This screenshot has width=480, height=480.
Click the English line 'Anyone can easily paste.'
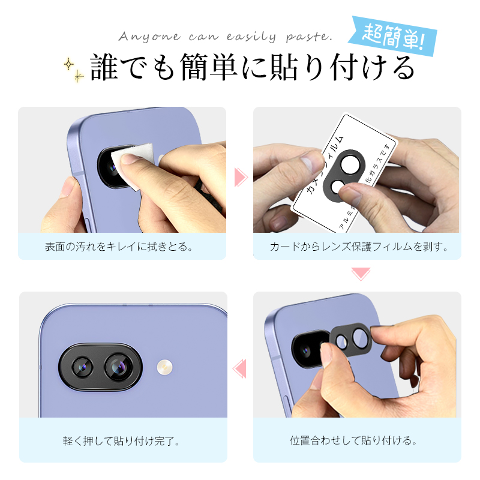point(225,37)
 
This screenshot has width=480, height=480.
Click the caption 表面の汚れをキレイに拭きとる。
point(119,247)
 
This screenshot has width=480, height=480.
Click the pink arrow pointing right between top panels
point(241,176)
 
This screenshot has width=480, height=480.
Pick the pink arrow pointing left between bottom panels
point(239,367)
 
